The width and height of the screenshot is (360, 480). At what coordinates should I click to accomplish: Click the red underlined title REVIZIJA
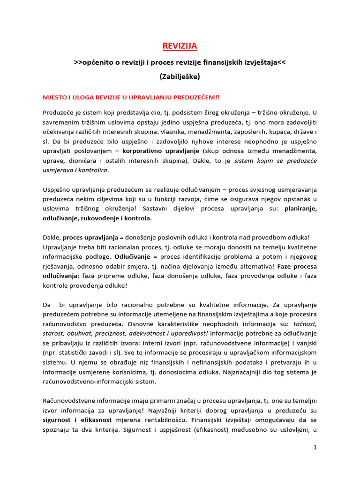coord(180,45)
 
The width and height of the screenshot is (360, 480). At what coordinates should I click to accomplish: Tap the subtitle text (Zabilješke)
coord(180,75)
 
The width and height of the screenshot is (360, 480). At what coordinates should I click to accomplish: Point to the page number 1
coord(315,448)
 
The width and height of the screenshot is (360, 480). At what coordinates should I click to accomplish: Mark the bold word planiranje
coord(300,209)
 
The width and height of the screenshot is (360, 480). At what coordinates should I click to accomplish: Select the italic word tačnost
coord(305,323)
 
